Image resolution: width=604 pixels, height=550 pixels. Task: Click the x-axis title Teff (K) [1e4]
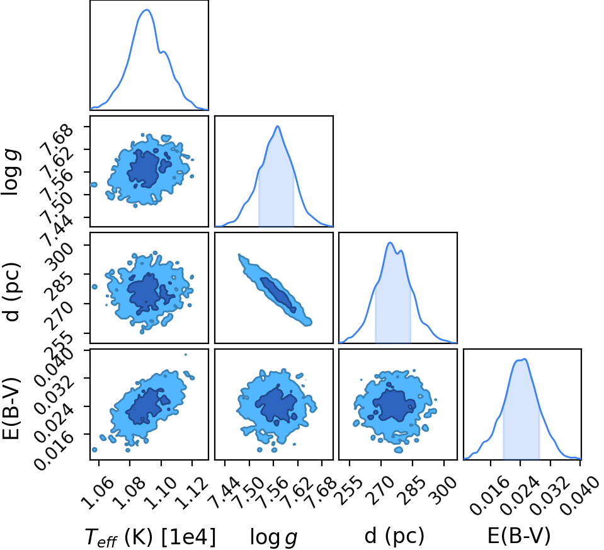point(150,536)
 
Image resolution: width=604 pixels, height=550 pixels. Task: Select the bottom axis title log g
point(273,536)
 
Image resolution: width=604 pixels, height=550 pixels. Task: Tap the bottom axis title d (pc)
point(394,536)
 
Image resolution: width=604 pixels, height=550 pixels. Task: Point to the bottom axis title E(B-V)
point(519,536)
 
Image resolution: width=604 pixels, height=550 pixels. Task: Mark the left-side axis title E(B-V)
point(11,408)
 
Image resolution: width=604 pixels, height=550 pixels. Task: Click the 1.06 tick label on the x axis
point(99,494)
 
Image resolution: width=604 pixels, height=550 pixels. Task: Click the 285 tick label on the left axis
point(59,287)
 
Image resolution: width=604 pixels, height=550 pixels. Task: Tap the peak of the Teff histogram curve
point(147,10)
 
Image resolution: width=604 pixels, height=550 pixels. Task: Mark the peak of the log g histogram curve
point(277,127)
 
